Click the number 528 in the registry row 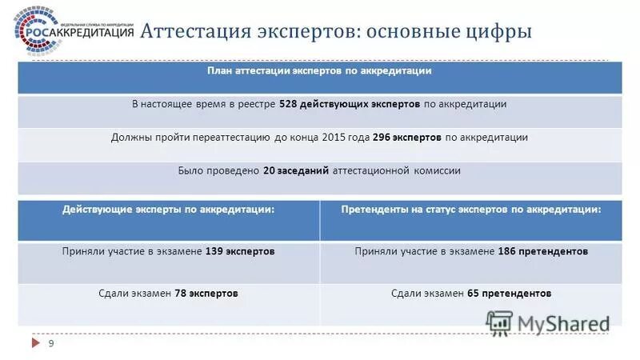290,104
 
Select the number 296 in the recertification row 382,138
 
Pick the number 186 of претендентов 507,251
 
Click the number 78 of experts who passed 181,294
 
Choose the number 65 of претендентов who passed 474,294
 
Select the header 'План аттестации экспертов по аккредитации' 319,71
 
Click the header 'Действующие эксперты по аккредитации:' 169,209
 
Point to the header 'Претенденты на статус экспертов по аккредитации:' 471,209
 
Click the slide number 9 52,343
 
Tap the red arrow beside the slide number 36,343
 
